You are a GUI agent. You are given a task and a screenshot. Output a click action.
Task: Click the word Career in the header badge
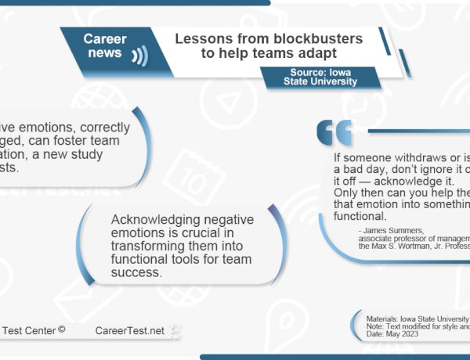[105, 39]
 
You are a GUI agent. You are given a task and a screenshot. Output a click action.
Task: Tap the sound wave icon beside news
[139, 56]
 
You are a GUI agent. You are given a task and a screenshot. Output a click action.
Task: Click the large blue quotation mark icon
[334, 134]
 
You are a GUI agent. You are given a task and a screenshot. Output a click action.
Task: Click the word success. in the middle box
[136, 273]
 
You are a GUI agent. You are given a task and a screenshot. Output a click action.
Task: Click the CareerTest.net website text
[129, 331]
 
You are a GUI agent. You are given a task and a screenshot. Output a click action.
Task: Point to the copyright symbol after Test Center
[61, 330]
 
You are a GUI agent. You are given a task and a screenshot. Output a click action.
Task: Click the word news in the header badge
[105, 53]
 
